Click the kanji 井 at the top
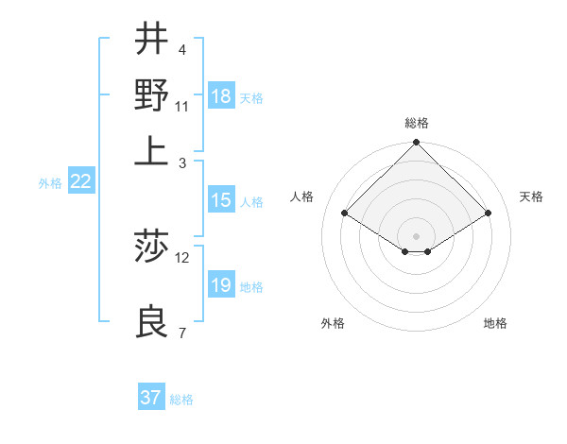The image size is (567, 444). coord(151,40)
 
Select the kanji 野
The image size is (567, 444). coord(151,94)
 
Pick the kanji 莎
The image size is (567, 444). coord(151,248)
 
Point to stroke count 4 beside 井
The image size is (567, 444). coord(181,49)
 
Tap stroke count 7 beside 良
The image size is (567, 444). coord(181,333)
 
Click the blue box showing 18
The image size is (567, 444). coord(221,95)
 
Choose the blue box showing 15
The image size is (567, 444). coord(221,200)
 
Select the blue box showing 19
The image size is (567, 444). coord(221,285)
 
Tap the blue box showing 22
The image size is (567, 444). coord(80,182)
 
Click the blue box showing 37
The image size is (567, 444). coord(150,398)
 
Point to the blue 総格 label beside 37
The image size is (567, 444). coord(182,400)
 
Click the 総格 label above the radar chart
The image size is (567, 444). coord(417,123)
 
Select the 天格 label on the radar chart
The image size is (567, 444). coord(532,196)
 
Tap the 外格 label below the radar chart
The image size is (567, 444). coord(333,323)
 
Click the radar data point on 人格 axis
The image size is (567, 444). coord(345,213)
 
